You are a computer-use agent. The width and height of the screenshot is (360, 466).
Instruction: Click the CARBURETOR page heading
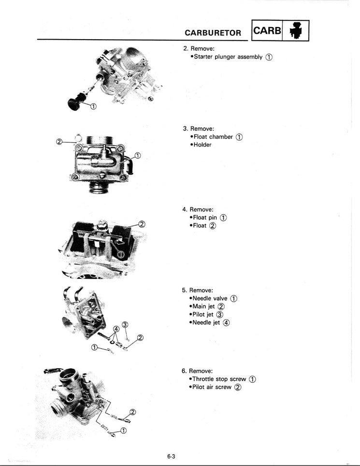[213, 32]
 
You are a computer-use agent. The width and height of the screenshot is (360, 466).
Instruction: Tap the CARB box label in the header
[267, 31]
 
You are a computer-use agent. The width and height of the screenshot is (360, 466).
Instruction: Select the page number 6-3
[171, 456]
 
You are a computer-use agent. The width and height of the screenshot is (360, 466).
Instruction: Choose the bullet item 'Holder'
[202, 145]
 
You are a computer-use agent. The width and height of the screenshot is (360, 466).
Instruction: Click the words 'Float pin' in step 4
[206, 218]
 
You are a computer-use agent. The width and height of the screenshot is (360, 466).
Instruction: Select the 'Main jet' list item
[204, 306]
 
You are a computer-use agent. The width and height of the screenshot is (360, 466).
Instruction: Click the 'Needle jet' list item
[207, 322]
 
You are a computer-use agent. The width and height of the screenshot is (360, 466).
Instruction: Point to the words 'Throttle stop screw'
[220, 379]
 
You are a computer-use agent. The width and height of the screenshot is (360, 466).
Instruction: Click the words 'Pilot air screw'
[212, 387]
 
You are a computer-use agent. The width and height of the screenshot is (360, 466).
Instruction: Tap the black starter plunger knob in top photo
[74, 103]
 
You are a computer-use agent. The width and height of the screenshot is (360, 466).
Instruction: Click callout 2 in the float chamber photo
[59, 142]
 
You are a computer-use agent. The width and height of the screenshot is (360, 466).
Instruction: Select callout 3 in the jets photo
[125, 324]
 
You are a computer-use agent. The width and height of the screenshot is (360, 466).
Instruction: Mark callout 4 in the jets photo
[116, 329]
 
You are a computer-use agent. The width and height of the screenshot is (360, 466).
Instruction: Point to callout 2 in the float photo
[142, 224]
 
